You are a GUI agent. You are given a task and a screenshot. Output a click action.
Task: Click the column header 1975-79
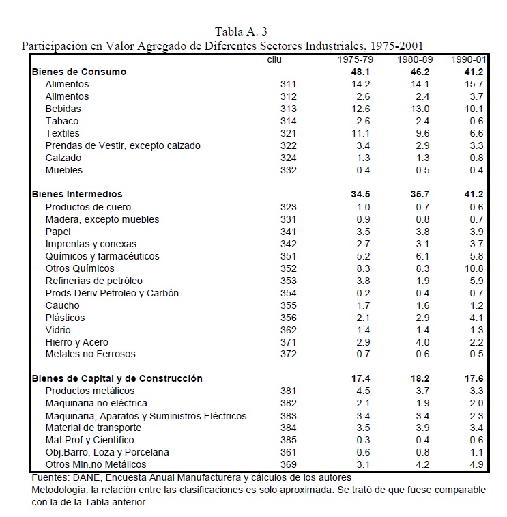[353, 60]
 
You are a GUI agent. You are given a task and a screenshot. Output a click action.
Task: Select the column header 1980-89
[413, 60]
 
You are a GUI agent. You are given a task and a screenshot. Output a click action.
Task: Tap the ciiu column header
[274, 60]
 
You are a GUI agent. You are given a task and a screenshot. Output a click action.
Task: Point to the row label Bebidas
[63, 109]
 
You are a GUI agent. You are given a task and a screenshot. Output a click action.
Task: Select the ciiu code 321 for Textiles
[289, 133]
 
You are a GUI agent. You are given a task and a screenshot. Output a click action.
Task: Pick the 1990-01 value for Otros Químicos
[473, 268]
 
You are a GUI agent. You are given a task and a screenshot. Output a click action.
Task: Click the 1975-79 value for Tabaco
[362, 121]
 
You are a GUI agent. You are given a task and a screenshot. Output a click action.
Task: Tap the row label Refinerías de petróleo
[93, 281]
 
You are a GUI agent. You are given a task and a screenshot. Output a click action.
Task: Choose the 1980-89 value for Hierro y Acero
[422, 342]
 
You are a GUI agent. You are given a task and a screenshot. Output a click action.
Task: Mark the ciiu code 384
[289, 428]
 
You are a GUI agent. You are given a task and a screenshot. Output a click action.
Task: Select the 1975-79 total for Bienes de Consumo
[360, 72]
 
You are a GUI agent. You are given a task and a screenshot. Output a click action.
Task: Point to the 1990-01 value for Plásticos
[476, 318]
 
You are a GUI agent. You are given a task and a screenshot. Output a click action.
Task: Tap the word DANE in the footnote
[81, 477]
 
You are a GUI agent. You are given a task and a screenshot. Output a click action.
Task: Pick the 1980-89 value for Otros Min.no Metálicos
[422, 465]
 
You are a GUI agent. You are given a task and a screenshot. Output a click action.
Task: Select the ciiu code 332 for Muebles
[289, 170]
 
